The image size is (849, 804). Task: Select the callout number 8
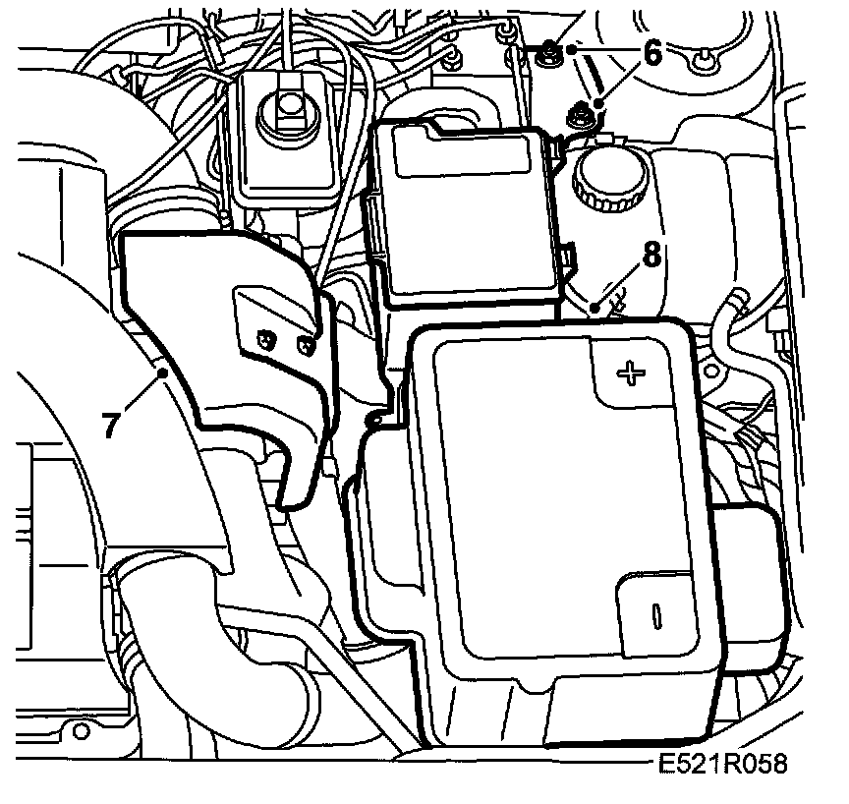[x=649, y=256]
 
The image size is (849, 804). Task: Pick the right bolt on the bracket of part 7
[x=306, y=345]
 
